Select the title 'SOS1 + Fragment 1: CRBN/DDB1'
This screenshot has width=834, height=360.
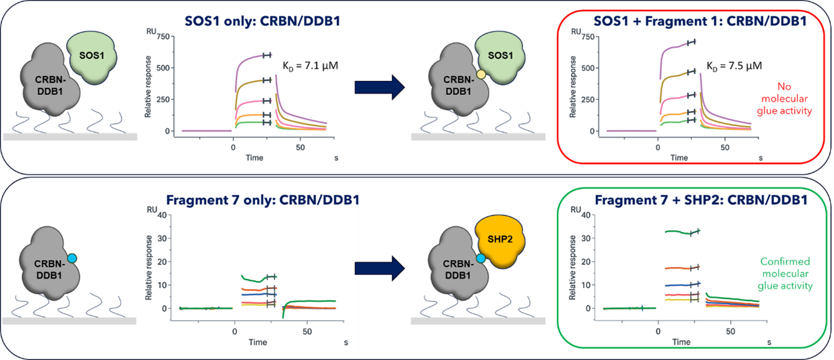pos(683,21)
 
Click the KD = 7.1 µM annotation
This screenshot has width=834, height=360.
pos(310,65)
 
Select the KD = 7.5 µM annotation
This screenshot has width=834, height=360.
pos(733,65)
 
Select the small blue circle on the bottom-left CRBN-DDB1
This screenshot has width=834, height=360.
pos(72,258)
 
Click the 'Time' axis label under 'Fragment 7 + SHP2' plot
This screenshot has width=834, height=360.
pos(681,342)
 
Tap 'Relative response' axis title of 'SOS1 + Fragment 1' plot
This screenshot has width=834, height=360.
pos(573,88)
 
